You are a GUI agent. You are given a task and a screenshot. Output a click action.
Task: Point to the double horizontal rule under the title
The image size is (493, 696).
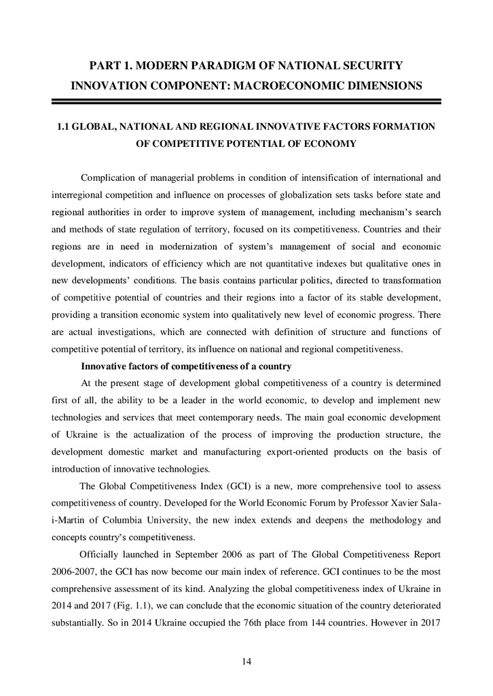(246, 102)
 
